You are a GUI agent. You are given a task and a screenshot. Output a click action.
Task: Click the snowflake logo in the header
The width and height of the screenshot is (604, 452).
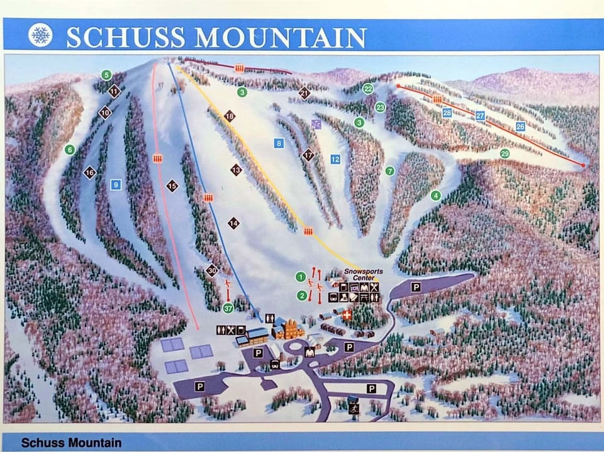coord(41,35)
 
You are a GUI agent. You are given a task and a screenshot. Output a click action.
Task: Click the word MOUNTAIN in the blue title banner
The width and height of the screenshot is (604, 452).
coord(281,37)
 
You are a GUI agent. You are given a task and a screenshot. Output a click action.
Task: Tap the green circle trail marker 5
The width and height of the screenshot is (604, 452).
coord(106,75)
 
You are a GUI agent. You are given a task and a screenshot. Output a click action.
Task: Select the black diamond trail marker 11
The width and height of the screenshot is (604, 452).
coord(114,92)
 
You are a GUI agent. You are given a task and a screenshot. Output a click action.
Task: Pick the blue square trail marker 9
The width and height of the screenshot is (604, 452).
coord(115,184)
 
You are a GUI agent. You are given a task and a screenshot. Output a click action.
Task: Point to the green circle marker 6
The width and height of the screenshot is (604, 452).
coord(69,149)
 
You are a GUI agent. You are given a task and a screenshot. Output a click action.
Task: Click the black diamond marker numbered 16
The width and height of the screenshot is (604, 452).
coord(90,172)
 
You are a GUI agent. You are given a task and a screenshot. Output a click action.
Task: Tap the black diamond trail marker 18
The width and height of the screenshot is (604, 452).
coord(230,116)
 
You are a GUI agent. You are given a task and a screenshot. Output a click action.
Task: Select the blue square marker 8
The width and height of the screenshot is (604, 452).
coord(279,143)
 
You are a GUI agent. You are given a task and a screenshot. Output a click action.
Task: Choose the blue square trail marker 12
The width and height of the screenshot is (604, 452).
coord(335,159)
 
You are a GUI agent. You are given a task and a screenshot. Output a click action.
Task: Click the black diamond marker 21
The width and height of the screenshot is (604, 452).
coord(305,93)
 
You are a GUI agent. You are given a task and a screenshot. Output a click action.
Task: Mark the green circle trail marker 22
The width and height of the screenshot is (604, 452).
coord(368,89)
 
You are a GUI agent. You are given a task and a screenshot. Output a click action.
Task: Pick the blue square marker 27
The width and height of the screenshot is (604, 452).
coord(480,116)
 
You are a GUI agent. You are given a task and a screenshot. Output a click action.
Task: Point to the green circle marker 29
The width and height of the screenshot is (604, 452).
coord(505,153)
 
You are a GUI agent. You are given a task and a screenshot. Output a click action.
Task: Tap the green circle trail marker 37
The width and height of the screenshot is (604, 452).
coord(228,307)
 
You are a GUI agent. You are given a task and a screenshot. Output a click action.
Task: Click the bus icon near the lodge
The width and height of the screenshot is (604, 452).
coord(275,365)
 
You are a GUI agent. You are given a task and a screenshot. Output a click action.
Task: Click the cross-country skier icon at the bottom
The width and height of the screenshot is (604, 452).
coord(354,408)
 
